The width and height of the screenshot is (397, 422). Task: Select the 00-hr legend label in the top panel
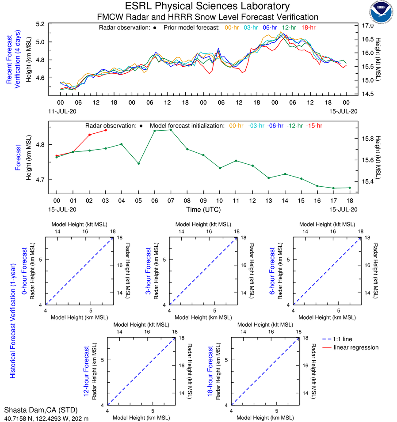click(233, 27)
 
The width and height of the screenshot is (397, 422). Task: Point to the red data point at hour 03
click(106, 130)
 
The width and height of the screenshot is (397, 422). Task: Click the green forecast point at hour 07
click(171, 130)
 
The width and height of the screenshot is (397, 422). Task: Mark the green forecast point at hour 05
click(138, 163)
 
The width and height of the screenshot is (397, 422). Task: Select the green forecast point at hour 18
click(350, 188)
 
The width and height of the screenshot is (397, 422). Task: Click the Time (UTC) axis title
click(203, 209)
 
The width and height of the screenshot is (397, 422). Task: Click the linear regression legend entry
click(356, 347)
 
